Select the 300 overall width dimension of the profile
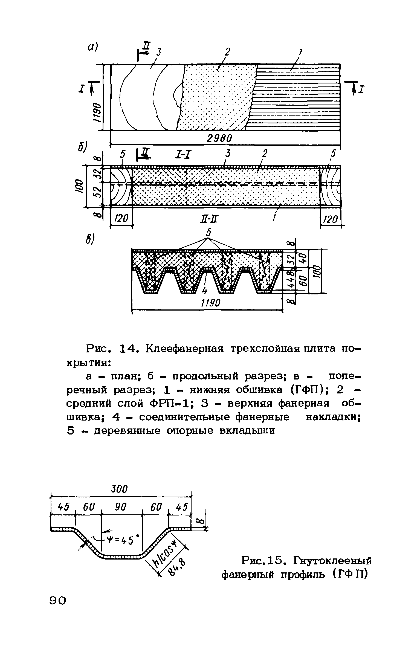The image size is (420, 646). coord(120,489)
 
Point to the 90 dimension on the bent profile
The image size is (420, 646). coord(121,507)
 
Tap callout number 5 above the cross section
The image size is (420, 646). coord(208,233)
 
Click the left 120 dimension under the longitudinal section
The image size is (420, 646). coord(121,219)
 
